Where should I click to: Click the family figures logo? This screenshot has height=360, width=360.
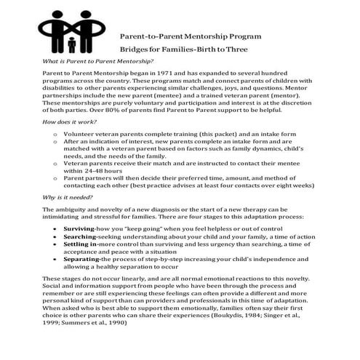(x=71, y=27)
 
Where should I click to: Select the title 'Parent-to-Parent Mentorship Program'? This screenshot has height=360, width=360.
(x=191, y=36)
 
